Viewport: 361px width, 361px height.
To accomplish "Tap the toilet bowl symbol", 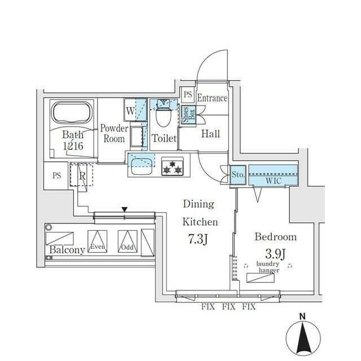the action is coord(164,116).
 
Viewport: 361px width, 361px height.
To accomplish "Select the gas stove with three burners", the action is coord(173,167).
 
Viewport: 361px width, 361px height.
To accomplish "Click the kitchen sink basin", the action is coord(142,166).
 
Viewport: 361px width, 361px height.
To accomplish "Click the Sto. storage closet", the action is coord(238,175).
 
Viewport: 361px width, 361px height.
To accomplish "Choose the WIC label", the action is coord(274,181).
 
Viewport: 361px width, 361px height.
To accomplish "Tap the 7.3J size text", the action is coord(198,239).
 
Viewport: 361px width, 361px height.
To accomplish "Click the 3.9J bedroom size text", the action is coord(275,254).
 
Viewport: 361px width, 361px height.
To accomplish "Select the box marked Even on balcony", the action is coord(98,241).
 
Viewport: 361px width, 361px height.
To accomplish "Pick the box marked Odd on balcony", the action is coord(127,241).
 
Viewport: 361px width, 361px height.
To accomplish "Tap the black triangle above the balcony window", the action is coord(125,209).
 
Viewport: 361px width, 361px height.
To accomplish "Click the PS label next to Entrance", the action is coord(188,95).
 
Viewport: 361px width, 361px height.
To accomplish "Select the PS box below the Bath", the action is coord(56,175).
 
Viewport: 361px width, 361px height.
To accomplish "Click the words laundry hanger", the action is coord(268,267).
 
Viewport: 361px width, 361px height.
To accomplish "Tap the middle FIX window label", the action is coord(228,307).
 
